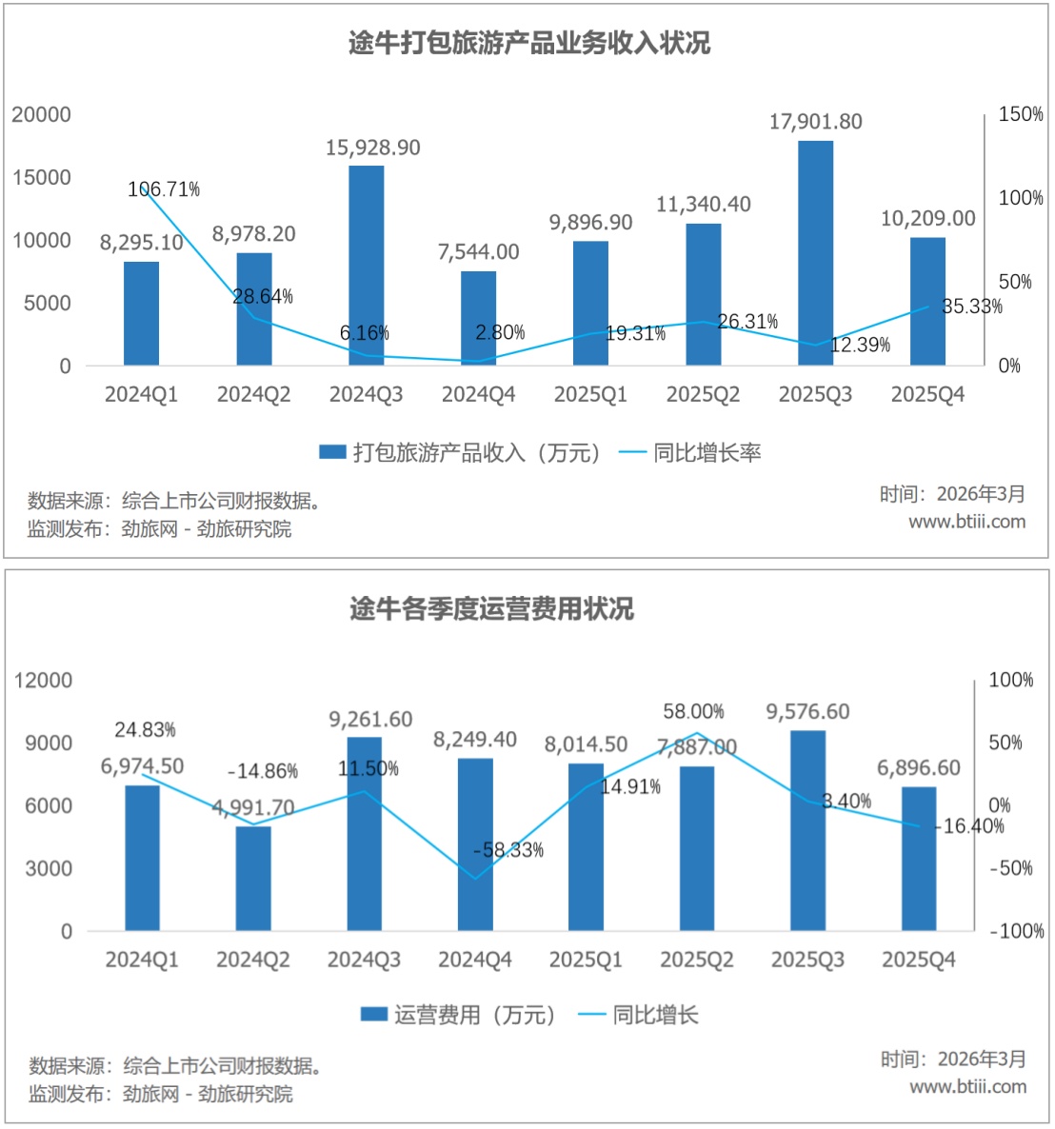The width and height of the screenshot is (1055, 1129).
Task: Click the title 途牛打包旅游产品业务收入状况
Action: click(528, 44)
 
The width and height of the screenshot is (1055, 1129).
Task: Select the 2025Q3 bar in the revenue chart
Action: click(815, 252)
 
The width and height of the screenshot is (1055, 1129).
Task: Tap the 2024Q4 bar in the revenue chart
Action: click(478, 318)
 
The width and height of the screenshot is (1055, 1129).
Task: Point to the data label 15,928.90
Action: click(372, 148)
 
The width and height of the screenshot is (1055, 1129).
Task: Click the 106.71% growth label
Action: click(164, 189)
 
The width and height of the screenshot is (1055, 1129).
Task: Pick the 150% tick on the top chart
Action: click(1021, 114)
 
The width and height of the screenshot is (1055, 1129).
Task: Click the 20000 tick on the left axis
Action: click(41, 114)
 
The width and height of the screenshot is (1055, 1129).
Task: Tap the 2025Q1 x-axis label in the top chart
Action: click(590, 394)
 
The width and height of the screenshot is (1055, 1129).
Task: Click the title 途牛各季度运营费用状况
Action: click(491, 609)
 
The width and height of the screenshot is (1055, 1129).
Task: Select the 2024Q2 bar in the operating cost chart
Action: click(253, 878)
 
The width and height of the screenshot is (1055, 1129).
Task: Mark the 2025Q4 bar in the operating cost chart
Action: click(919, 859)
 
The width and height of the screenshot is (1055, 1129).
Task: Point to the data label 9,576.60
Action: click(807, 712)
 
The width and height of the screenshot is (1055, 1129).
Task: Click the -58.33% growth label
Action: click(508, 849)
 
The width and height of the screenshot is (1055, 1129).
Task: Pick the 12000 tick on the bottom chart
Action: click(43, 680)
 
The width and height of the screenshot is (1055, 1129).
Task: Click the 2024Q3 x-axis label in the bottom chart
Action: click(364, 960)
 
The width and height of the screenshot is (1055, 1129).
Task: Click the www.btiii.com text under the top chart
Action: click(966, 521)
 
